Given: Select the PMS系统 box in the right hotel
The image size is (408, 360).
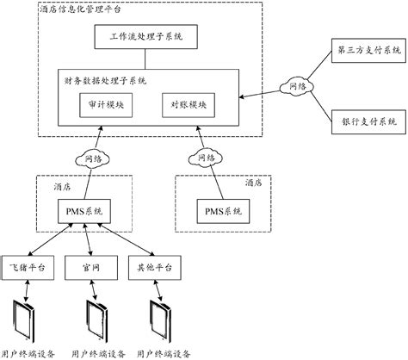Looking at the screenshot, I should click(223, 211).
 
